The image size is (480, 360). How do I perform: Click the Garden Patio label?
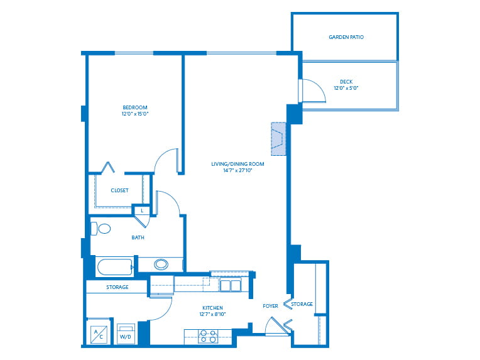(x=346, y=37)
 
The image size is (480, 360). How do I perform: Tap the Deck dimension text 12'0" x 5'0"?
(x=346, y=88)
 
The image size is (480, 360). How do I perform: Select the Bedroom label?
(x=135, y=107)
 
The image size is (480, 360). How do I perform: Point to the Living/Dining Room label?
(x=237, y=164)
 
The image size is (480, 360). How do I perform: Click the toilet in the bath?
(x=101, y=229)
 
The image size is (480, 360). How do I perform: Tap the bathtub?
(x=115, y=267)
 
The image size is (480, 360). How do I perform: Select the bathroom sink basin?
(x=161, y=264)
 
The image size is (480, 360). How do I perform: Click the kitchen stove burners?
(x=208, y=336)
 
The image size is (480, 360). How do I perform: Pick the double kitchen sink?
(x=231, y=285)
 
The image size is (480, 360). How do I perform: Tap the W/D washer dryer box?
(x=126, y=334)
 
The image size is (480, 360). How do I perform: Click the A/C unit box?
(x=99, y=334)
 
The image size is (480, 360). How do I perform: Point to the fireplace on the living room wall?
(x=278, y=139)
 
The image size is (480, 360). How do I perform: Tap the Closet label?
(x=120, y=190)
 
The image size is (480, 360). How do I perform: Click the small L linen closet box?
(x=142, y=210)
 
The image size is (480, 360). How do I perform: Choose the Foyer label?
(x=270, y=306)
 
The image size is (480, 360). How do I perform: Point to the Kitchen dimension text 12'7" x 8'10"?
(x=212, y=314)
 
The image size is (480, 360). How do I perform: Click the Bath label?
(x=138, y=237)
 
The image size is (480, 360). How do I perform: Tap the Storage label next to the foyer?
(x=302, y=304)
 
